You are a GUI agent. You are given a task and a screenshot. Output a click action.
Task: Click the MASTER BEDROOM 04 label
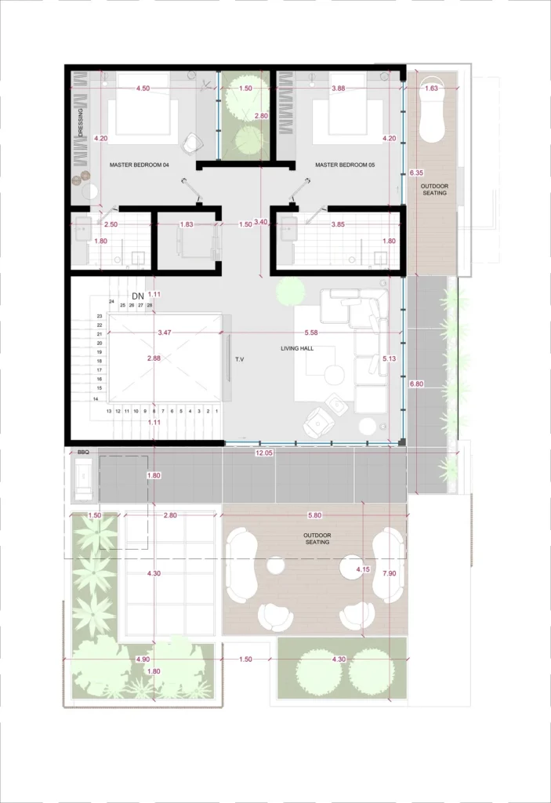(x=140, y=165)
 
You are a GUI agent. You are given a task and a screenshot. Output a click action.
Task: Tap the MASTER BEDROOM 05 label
(x=345, y=165)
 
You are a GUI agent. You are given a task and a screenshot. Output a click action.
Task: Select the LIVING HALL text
(x=297, y=348)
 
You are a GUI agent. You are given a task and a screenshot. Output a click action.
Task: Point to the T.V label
(x=239, y=359)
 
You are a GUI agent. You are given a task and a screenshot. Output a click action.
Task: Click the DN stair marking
(x=138, y=296)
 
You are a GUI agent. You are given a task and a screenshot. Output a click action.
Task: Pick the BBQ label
(x=83, y=452)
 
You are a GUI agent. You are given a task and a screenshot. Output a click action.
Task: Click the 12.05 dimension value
(x=263, y=452)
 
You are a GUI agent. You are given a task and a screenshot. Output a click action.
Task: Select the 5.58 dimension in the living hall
(x=311, y=332)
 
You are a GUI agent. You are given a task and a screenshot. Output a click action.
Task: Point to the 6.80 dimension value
(x=416, y=383)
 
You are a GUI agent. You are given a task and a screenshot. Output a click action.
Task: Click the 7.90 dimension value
(x=390, y=573)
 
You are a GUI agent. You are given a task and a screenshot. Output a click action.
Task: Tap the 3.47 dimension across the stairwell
(x=165, y=332)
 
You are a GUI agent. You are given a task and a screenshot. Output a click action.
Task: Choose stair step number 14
(x=96, y=399)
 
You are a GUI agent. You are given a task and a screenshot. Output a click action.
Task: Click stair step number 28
(x=150, y=305)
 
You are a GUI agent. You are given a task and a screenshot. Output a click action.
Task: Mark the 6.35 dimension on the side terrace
(x=416, y=173)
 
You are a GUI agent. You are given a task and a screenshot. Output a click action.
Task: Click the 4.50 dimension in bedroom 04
(x=143, y=88)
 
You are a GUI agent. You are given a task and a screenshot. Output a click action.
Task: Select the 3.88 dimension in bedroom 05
(x=338, y=88)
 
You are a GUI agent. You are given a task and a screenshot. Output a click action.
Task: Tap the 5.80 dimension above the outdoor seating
(x=314, y=515)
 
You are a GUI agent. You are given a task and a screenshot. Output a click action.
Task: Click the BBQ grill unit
(x=83, y=479)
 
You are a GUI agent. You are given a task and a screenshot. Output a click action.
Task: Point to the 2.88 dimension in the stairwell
(x=154, y=358)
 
